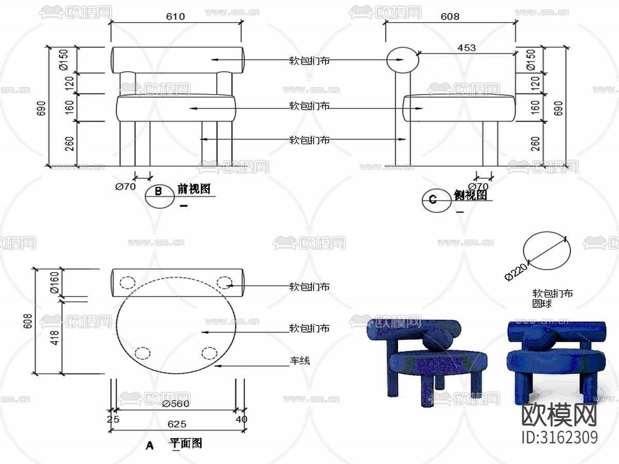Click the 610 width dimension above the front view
tap(175, 16)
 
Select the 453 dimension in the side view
tap(466, 47)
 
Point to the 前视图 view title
tap(194, 189)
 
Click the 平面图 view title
tap(186, 443)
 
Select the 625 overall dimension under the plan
tap(177, 424)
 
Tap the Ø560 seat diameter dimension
tap(175, 404)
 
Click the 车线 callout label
tap(299, 360)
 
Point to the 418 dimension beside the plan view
tap(55, 337)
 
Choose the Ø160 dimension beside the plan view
tap(55, 283)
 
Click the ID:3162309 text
tap(560, 437)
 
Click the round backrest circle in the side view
tap(403, 60)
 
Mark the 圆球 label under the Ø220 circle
tap(542, 304)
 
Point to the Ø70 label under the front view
tap(125, 187)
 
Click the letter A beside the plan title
tap(150, 445)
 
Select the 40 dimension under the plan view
tap(241, 419)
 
